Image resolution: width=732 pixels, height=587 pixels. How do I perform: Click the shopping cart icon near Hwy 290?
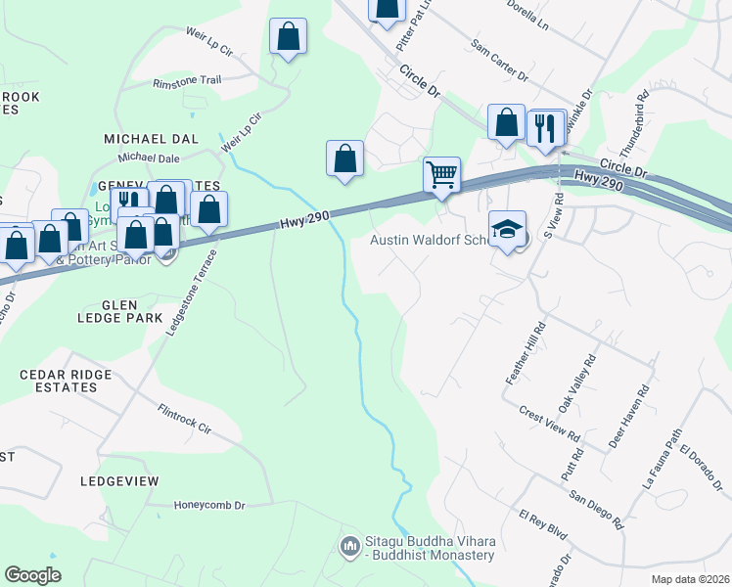[442, 176]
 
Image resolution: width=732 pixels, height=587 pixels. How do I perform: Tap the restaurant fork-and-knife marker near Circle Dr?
[545, 127]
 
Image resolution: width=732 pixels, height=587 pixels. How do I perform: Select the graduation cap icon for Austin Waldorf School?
[507, 230]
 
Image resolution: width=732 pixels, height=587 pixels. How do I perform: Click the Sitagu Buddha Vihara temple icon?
[349, 545]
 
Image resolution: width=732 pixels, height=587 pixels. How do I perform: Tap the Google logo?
[33, 575]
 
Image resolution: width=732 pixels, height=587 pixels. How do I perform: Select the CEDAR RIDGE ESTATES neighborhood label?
[59, 381]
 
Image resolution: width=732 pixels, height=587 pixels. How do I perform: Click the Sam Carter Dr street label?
[499, 61]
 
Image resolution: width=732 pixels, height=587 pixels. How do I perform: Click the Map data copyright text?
[690, 579]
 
